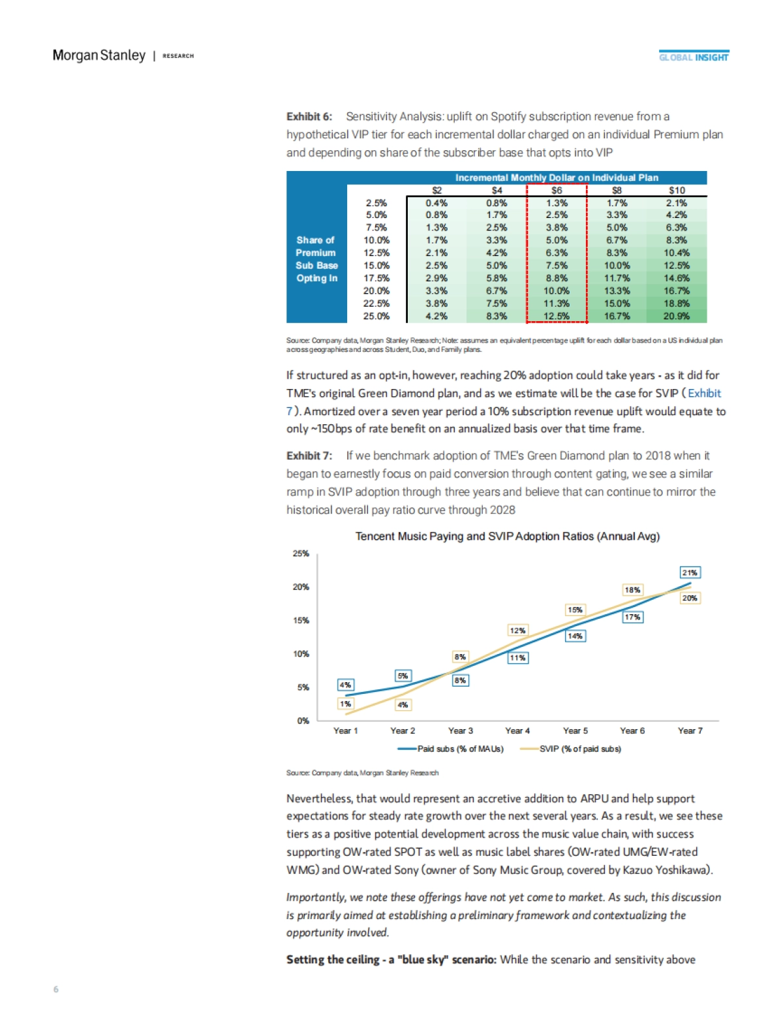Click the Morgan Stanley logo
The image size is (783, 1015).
[x=99, y=55]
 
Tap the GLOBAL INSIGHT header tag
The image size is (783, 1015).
[x=693, y=57]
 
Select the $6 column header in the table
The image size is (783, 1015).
[x=557, y=191]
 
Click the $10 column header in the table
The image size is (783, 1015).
[x=677, y=191]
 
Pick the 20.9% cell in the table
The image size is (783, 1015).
[x=677, y=316]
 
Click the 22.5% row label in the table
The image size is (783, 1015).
[x=376, y=304]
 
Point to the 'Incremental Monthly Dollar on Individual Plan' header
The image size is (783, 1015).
[x=557, y=178]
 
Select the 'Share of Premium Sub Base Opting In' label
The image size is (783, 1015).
[x=316, y=259]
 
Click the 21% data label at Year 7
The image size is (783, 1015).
[x=690, y=572]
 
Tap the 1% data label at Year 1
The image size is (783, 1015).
[x=345, y=704]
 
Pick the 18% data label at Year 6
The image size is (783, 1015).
[x=632, y=589]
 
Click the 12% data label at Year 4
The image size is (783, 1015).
[x=517, y=631]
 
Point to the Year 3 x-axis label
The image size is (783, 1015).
[x=461, y=730]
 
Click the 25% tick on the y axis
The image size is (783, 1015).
[x=301, y=554]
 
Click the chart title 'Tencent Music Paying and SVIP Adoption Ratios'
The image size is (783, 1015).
[x=507, y=537]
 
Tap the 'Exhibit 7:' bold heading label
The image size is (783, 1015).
[x=309, y=456]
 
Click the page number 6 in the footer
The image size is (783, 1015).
[x=55, y=989]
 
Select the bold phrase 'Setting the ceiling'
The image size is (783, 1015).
[x=333, y=960]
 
